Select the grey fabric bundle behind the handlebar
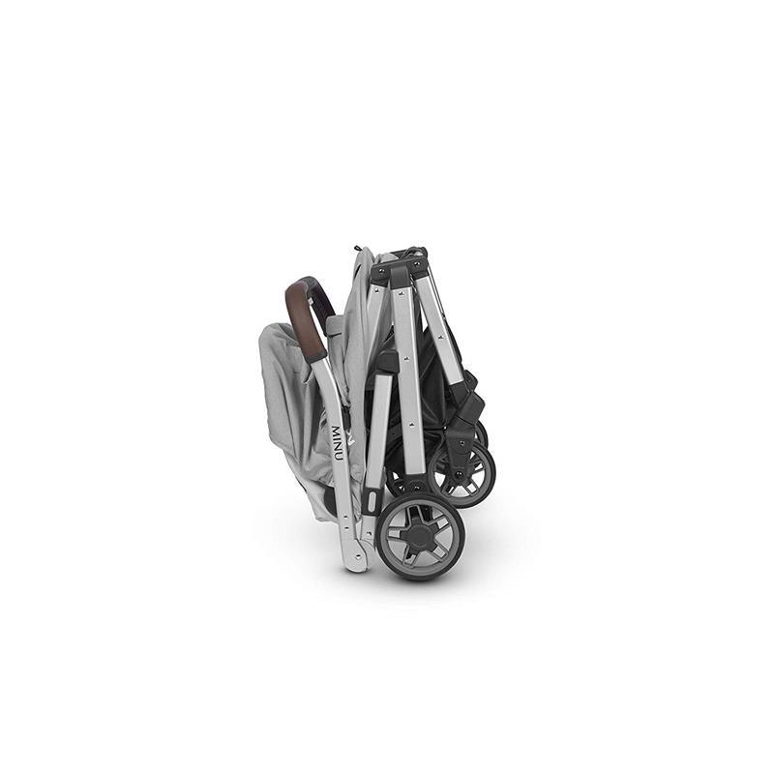pos(285,397)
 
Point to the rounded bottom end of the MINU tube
pos(356,559)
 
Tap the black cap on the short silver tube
pos(386,361)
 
